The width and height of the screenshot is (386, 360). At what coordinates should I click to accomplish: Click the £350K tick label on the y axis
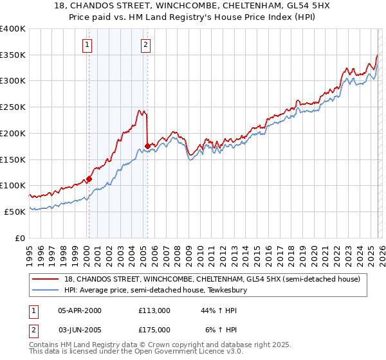tap(13, 55)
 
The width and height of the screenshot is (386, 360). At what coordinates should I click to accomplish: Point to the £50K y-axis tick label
tap(15, 212)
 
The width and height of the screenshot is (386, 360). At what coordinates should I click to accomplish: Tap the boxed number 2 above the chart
tap(146, 45)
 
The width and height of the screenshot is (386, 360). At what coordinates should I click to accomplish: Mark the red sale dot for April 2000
tap(89, 179)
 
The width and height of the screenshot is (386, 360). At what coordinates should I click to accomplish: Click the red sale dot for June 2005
tap(147, 147)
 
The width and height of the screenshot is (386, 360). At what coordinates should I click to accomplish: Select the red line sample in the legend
tap(46, 279)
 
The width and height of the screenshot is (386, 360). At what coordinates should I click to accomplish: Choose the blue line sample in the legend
tap(46, 290)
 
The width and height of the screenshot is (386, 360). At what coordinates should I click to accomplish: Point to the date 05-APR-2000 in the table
tap(80, 310)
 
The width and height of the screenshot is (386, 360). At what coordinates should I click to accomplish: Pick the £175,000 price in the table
tap(154, 329)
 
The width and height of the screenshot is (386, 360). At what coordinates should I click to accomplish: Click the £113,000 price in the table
tap(154, 310)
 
